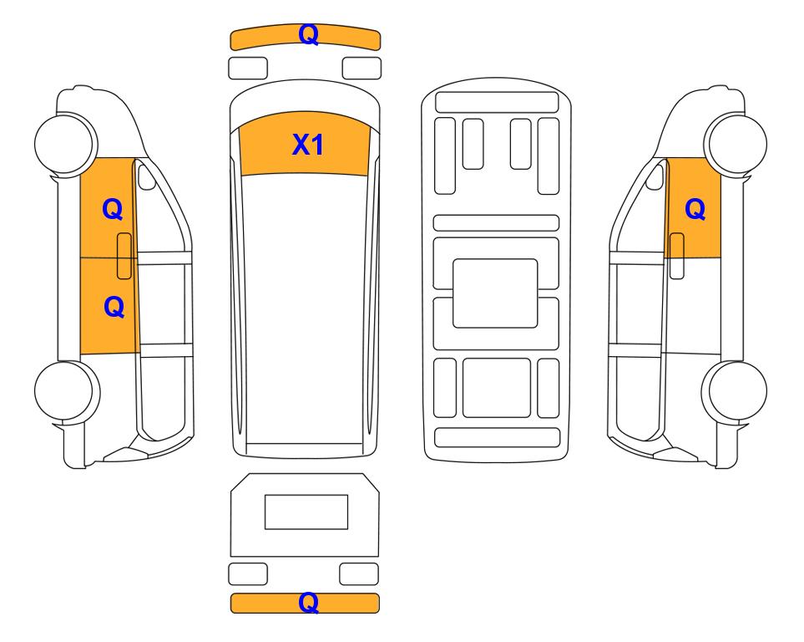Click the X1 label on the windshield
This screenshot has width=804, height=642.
point(307,145)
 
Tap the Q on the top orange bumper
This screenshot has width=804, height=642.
point(309,34)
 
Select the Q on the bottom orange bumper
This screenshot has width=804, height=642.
point(309,603)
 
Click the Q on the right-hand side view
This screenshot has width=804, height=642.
point(695,210)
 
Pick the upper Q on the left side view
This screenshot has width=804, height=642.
point(113,210)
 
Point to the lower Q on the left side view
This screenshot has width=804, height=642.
point(114,307)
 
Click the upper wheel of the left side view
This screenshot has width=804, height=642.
point(66,143)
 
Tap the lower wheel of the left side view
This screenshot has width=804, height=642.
point(67,391)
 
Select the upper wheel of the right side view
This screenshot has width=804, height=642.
point(736,143)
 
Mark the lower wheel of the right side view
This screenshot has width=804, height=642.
point(734,391)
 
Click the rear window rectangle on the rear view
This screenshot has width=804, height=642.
point(306,512)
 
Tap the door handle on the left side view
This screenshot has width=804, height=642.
point(124,256)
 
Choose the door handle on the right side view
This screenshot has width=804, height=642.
point(677,256)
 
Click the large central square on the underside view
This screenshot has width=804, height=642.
point(495,293)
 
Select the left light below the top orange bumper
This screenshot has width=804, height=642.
point(248,69)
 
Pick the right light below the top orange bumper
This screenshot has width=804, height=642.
point(362,69)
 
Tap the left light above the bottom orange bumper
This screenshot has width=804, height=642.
point(248,573)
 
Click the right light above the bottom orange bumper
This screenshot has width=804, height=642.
point(359,573)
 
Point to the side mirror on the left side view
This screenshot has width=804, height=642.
point(147,176)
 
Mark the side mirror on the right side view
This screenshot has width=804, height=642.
point(655,176)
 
